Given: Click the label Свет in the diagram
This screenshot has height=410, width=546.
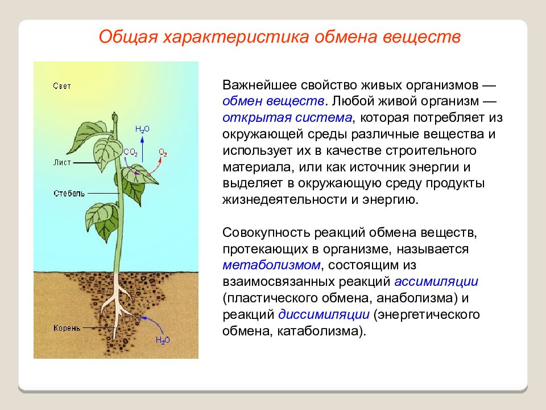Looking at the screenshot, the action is tap(62, 86).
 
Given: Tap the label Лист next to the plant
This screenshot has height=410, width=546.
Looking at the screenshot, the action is tap(62, 162).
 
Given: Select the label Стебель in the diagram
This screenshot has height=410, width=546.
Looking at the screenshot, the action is tap(69, 193).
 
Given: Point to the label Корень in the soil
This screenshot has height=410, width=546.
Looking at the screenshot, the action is tap(67, 328).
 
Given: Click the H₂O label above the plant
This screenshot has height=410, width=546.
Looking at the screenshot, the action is tap(142, 129).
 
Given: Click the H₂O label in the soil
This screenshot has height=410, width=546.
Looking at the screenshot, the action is tap(163, 341).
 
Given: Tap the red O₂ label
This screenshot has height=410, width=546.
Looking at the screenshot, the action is tap(163, 153).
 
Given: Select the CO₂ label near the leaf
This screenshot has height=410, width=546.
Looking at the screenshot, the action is tap(131, 153).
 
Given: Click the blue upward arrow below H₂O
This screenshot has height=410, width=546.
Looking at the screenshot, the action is tap(142, 150).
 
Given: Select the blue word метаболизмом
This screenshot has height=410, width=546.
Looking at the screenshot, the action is tap(271, 265).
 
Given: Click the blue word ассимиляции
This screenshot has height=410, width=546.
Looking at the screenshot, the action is tap(436, 281).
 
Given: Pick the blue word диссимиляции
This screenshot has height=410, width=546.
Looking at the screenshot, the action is tap(324, 314).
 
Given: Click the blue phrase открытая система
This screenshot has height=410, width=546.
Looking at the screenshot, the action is tap(287, 117).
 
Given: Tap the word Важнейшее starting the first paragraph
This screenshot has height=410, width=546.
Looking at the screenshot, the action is tap(259, 85).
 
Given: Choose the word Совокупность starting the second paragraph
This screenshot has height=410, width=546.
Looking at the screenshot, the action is tap(266, 232).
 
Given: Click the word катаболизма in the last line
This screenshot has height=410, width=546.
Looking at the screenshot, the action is tap(317, 330).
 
